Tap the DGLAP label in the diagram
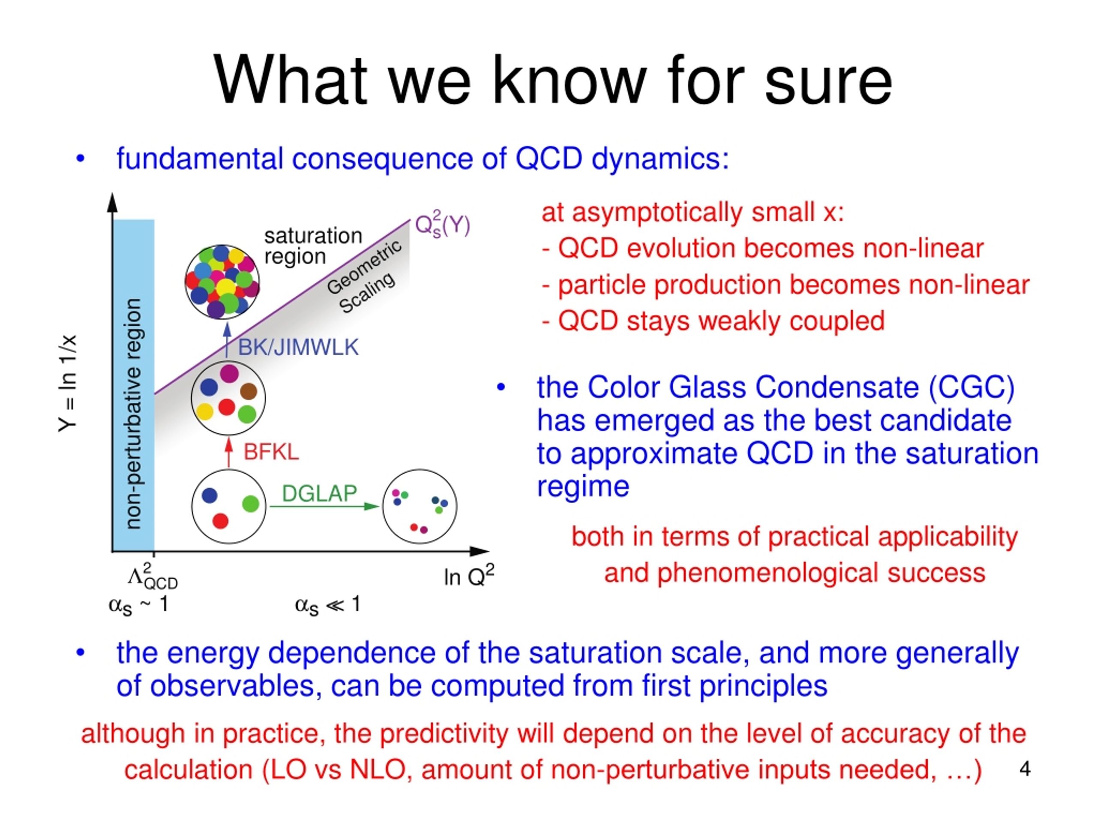(319, 493)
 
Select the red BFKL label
(271, 452)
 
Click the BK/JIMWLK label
(298, 347)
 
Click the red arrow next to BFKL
(229, 452)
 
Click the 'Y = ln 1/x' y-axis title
(68, 384)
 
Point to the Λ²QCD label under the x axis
(153, 577)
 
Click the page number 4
(1025, 769)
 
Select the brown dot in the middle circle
(249, 391)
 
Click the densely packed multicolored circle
(222, 282)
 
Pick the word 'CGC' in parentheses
(971, 387)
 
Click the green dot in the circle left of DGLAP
(251, 504)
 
